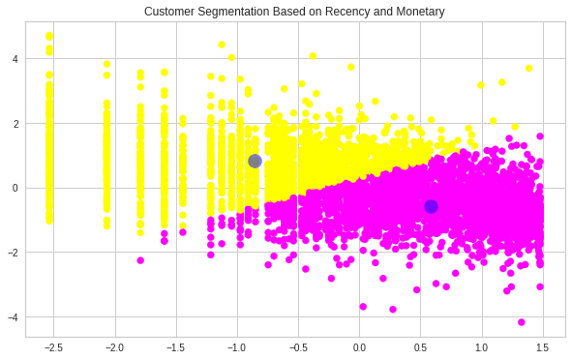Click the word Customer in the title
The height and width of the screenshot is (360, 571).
click(168, 12)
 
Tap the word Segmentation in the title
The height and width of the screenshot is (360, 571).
click(235, 12)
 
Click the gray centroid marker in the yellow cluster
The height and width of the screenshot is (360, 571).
click(255, 161)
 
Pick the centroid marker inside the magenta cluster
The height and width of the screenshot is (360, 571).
click(431, 206)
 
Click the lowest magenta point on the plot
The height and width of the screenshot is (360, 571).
click(521, 322)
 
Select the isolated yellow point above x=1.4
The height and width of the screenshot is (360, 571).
click(528, 68)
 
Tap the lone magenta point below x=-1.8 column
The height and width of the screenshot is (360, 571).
click(140, 260)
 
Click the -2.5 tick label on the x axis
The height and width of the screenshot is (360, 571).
click(52, 347)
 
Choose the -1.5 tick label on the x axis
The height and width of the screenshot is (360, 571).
click(174, 347)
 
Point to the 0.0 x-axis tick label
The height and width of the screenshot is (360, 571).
click(359, 347)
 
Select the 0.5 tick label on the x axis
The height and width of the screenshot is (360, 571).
click(420, 347)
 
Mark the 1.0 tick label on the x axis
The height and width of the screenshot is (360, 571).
click(481, 347)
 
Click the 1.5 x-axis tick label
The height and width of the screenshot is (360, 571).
click(542, 347)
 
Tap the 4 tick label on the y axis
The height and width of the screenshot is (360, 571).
click(16, 58)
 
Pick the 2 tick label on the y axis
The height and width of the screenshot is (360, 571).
click(16, 123)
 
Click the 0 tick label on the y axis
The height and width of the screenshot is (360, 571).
click(16, 188)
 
